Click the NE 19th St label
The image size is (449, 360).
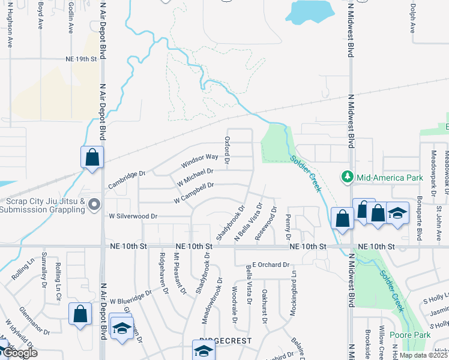[x=81, y=59]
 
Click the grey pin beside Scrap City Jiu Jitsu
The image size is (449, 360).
[x=94, y=205]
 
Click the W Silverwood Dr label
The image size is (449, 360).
[x=133, y=216]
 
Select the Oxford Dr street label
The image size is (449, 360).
[x=228, y=150]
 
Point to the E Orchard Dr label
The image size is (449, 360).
[x=270, y=265]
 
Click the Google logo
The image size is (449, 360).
[x=20, y=353]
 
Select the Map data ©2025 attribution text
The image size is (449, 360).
[x=423, y=355]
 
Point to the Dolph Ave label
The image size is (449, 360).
[x=413, y=18]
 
